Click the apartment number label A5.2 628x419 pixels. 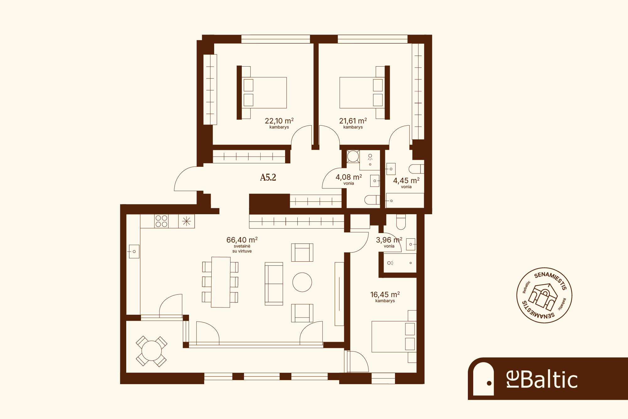click(268, 177)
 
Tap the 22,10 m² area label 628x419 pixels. click(279, 121)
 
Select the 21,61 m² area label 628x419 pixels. click(353, 121)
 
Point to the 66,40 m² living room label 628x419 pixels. click(242, 240)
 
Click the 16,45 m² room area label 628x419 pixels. click(385, 295)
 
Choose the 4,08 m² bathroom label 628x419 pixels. click(349, 177)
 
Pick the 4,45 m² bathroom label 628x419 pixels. click(406, 181)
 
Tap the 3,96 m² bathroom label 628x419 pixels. click(389, 240)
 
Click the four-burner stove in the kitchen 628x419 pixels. click(161, 221)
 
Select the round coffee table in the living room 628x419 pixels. click(302, 282)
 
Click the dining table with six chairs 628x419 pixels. click(220, 282)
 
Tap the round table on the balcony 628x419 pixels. click(151, 351)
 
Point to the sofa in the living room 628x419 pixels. click(274, 284)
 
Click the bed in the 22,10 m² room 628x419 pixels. click(262, 93)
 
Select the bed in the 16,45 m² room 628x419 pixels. click(394, 336)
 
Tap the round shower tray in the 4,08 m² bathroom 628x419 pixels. click(353, 156)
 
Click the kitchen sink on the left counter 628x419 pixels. click(134, 252)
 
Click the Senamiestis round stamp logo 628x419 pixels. click(544, 295)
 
